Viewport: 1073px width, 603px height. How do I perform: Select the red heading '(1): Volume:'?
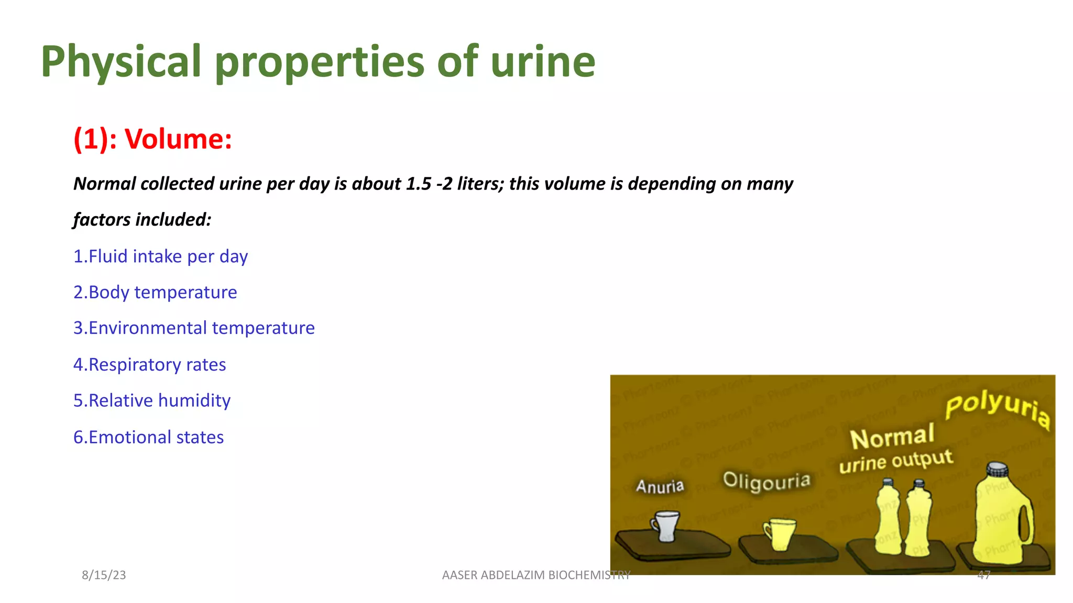click(152, 139)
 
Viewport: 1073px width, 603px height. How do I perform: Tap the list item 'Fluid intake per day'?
click(160, 256)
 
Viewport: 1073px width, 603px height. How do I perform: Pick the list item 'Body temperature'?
click(155, 292)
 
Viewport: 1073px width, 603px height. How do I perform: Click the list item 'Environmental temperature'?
click(194, 328)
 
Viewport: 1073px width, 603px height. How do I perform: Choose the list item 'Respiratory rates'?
click(149, 365)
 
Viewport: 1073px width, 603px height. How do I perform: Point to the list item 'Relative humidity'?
click(152, 400)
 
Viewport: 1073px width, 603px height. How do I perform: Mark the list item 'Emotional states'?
click(148, 437)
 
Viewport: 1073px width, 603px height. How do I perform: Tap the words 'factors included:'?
click(142, 220)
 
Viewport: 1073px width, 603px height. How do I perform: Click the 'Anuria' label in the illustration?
click(660, 486)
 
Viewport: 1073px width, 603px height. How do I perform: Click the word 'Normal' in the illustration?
click(892, 437)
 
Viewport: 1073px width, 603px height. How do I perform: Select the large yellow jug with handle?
click(1001, 518)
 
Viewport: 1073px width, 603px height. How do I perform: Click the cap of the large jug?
click(997, 469)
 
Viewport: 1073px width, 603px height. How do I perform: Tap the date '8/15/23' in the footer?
click(104, 575)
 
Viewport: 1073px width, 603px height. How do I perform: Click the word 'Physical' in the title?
click(121, 62)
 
